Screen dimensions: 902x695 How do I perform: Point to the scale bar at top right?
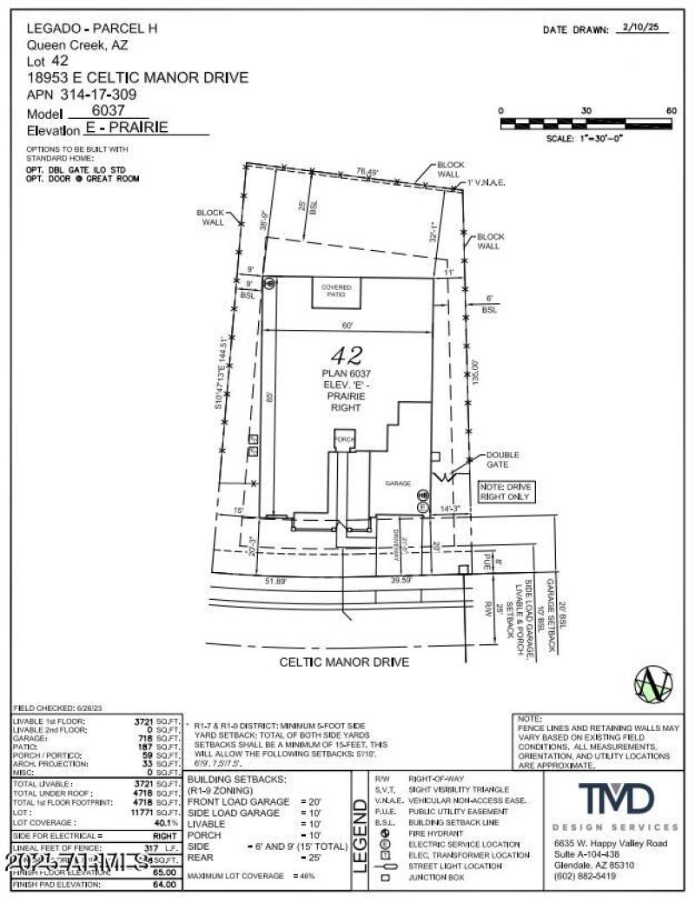[586, 124]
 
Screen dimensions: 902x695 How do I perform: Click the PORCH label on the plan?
[345, 440]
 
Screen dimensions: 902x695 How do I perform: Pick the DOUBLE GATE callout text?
[502, 459]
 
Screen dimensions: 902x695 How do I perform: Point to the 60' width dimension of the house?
[347, 325]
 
